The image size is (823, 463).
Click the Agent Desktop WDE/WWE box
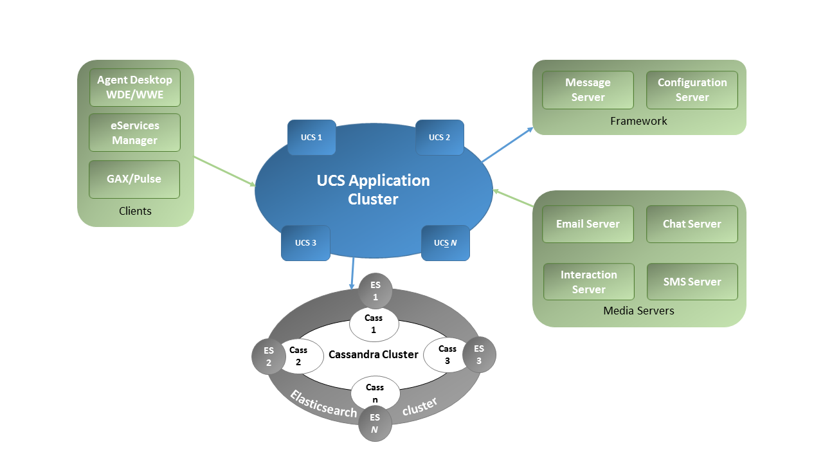(135, 87)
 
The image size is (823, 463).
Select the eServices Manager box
(135, 132)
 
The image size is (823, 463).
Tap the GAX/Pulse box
(135, 179)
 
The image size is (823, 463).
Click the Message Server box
(588, 90)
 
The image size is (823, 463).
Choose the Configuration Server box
(692, 90)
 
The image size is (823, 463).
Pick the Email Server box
(588, 224)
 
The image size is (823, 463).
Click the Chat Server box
(692, 224)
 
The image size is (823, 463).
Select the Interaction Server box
(589, 282)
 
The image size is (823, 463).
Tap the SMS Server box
(692, 282)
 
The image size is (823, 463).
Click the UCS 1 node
(311, 137)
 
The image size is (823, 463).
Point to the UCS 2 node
(440, 137)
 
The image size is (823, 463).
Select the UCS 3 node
(305, 242)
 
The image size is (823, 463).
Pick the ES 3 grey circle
(479, 354)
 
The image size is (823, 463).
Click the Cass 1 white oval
(374, 324)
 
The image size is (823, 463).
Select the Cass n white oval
(375, 392)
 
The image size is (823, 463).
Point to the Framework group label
(638, 121)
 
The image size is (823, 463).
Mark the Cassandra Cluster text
(374, 354)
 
